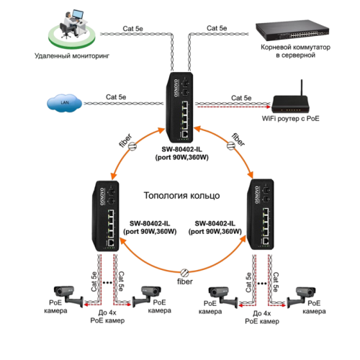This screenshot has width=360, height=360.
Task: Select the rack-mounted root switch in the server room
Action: pos(292,31)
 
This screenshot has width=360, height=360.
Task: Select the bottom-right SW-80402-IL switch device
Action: pos(259,215)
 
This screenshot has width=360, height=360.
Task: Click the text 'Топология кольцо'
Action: pos(183,196)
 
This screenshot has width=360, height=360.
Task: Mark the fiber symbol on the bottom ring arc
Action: pos(184,274)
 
